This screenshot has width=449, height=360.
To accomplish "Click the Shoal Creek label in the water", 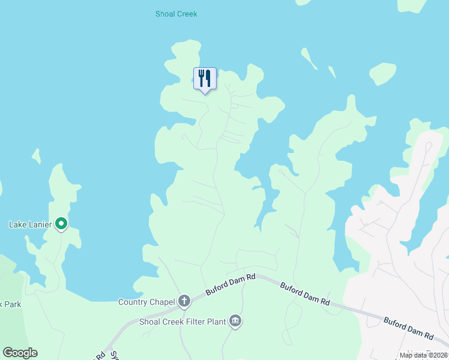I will pos(176,14).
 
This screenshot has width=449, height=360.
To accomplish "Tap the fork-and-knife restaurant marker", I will pos(205,79).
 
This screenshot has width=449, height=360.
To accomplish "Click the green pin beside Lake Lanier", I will pos(61,224).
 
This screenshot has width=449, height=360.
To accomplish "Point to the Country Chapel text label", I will pos(146,302).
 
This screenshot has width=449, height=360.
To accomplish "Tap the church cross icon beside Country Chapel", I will pos(184,301).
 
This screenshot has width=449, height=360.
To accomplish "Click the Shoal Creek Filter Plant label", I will pos(182,322).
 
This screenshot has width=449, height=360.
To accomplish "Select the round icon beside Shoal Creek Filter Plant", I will pos(236,322).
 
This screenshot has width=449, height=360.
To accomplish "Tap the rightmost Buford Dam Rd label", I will pos(408,328).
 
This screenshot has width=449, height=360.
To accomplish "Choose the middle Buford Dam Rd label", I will pos(306,293).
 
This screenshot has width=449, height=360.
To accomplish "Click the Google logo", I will pos(20,352).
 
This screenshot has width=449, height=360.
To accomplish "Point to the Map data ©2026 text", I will pos(423,355).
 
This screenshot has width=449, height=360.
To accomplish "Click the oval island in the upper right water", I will pos(382,73).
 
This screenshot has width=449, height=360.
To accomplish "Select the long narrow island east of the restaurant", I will pos(309,58).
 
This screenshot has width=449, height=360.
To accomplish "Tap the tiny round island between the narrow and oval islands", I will pos(332,71).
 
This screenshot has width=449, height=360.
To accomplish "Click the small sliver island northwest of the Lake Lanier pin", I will pos(37,156).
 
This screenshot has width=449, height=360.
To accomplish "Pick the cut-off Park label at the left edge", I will pos(11,304).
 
